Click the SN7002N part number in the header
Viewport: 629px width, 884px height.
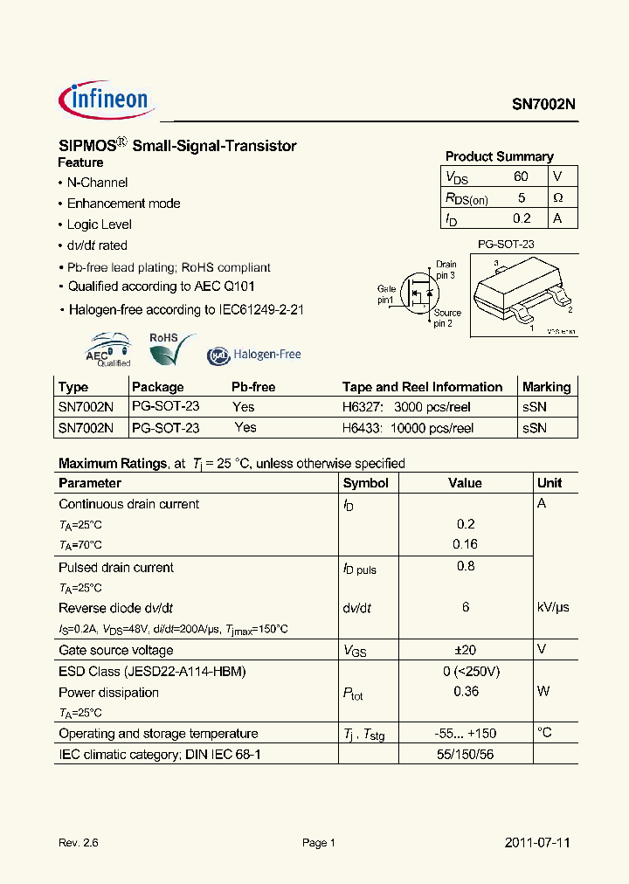(543, 103)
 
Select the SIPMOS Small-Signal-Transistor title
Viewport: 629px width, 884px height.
(177, 146)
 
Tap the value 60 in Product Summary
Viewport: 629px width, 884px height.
(521, 176)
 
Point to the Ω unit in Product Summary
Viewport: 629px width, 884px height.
(558, 197)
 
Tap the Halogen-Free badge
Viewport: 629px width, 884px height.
(254, 355)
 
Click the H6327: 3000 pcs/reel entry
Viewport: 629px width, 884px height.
(407, 407)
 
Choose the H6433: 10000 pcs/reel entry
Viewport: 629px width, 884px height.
(407, 428)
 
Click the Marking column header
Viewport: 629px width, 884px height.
(546, 387)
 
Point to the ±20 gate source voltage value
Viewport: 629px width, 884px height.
(465, 650)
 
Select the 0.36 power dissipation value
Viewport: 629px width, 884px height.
(465, 692)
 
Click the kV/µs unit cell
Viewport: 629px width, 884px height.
(552, 607)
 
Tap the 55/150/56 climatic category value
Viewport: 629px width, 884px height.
(465, 754)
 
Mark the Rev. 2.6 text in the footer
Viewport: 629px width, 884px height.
(78, 843)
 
